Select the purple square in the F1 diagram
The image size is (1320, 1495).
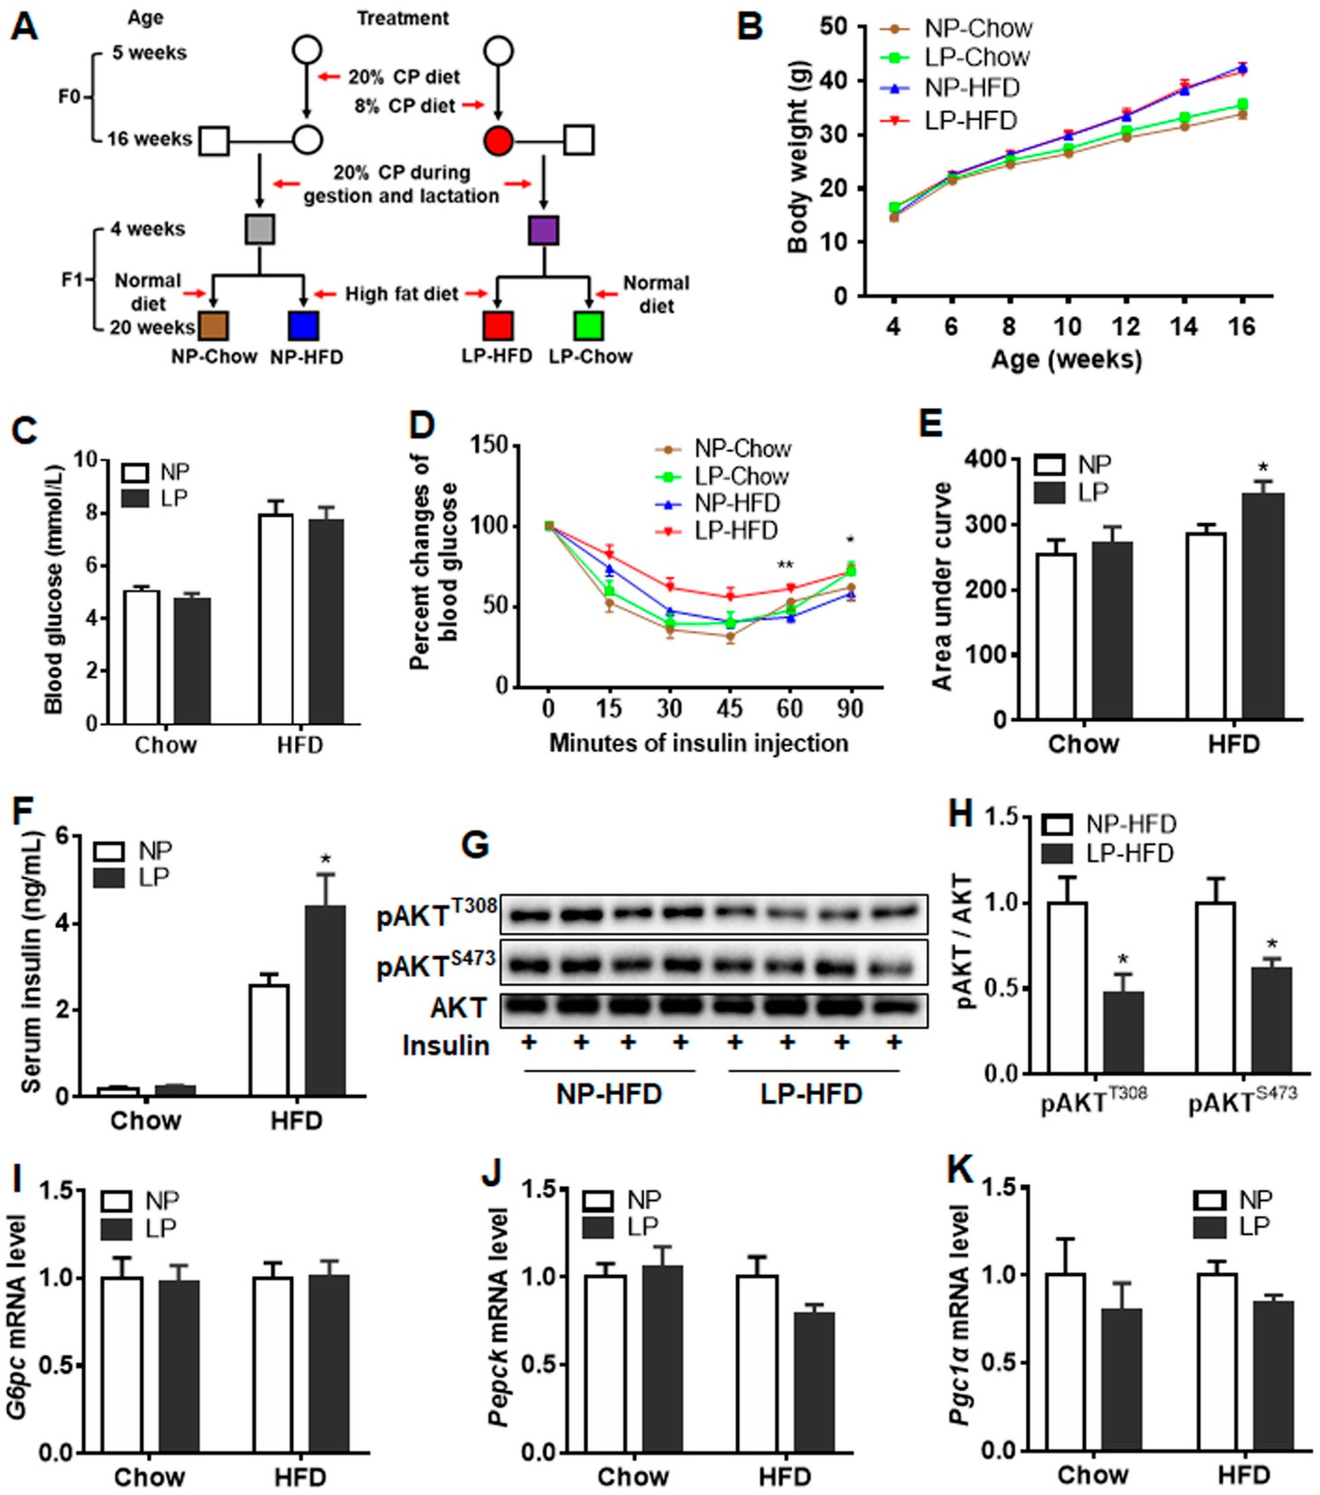click(543, 230)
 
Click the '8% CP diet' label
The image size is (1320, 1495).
click(404, 106)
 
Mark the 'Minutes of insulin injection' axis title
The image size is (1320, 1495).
click(698, 743)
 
